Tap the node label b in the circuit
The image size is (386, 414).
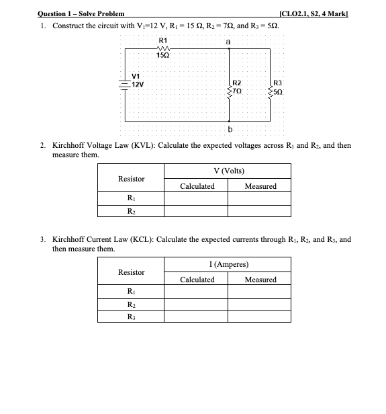(x=230, y=128)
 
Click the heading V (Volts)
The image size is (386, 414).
(x=228, y=171)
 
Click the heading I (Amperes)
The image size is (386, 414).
(x=228, y=265)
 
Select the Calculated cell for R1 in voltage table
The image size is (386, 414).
(x=197, y=198)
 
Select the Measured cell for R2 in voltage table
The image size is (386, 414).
(x=260, y=211)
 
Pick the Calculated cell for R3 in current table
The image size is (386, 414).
(x=197, y=318)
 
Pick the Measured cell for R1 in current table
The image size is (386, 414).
(x=260, y=292)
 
